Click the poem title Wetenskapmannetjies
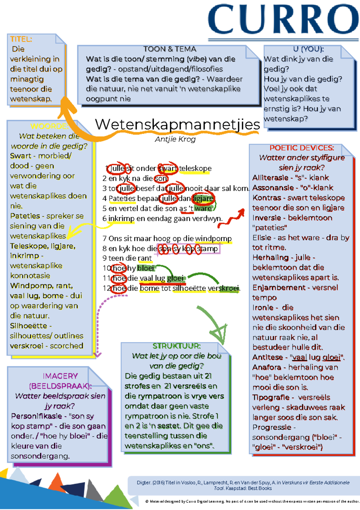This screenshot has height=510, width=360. pyautogui.click(x=177, y=124)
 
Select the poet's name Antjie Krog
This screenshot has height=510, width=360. pyautogui.click(x=175, y=139)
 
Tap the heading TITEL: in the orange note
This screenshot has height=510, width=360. pyautogui.click(x=21, y=39)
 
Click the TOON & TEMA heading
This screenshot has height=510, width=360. pyautogui.click(x=169, y=49)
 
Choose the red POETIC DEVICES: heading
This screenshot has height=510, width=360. pyautogui.click(x=301, y=148)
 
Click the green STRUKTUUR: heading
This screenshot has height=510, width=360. pyautogui.click(x=176, y=346)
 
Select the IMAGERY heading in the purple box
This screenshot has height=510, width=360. pyautogui.click(x=60, y=376)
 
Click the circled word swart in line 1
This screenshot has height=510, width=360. pyautogui.click(x=168, y=169)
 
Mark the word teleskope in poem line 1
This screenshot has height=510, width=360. pyautogui.click(x=195, y=169)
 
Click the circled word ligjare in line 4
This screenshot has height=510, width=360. pyautogui.click(x=203, y=199)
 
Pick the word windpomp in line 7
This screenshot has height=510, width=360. pyautogui.click(x=213, y=239)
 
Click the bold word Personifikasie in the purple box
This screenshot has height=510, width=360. pyautogui.click(x=36, y=416)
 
